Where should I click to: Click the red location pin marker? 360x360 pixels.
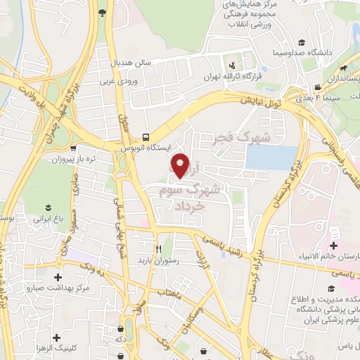click(x=181, y=165)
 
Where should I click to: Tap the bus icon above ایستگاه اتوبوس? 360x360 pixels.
click(x=145, y=136)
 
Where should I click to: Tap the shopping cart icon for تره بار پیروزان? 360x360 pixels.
click(x=74, y=148)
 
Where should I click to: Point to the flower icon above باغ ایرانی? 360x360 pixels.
click(x=48, y=207)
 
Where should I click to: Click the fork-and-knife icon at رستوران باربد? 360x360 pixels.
click(x=158, y=249)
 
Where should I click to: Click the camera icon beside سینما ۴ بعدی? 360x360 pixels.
click(x=319, y=88)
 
